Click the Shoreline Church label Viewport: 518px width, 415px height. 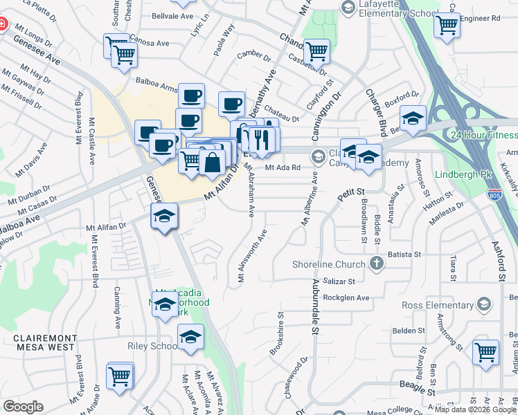tap(328, 264)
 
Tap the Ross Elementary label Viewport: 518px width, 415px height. tap(438, 304)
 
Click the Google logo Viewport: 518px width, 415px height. tap(23, 406)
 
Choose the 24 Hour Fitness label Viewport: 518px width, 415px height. tap(483, 134)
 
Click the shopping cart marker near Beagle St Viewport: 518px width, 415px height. tap(485, 351)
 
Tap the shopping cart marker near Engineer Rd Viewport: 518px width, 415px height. tap(447, 25)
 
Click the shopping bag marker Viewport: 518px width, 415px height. tap(213, 163)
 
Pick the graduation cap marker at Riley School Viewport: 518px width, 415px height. tap(190, 337)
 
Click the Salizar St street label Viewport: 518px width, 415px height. tap(339, 282)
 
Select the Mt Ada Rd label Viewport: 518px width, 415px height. tap(283, 167)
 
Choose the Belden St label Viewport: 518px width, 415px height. tap(409, 331)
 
